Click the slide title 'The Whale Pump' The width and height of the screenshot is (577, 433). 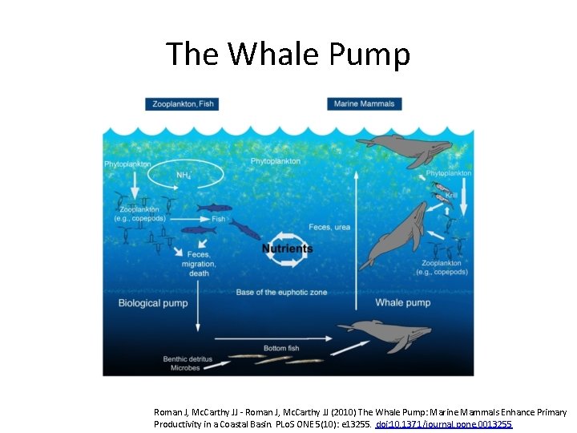click(x=288, y=55)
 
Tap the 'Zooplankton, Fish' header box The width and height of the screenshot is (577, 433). click(x=182, y=104)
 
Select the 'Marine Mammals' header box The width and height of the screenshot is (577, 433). click(x=365, y=104)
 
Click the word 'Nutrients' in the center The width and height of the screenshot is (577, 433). click(x=288, y=249)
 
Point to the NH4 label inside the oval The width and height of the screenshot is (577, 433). click(x=184, y=176)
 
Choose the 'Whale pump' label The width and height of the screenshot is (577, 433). click(x=403, y=302)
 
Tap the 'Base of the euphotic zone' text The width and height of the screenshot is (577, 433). click(x=281, y=293)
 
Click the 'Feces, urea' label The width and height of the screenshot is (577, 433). click(x=329, y=227)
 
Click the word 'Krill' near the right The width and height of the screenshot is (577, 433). click(x=451, y=194)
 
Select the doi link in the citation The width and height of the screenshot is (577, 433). click(x=444, y=423)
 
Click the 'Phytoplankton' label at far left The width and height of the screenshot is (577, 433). click(x=127, y=164)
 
